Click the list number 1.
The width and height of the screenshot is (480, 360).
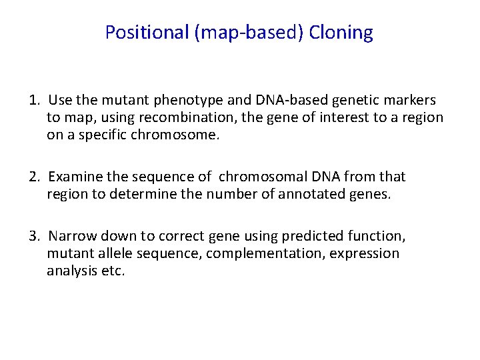[x=33, y=101]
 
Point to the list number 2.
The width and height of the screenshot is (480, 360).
[x=33, y=177]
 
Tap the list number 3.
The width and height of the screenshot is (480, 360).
[x=33, y=237]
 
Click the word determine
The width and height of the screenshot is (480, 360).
[x=134, y=195]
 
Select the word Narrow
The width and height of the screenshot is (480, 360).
[x=70, y=237]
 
